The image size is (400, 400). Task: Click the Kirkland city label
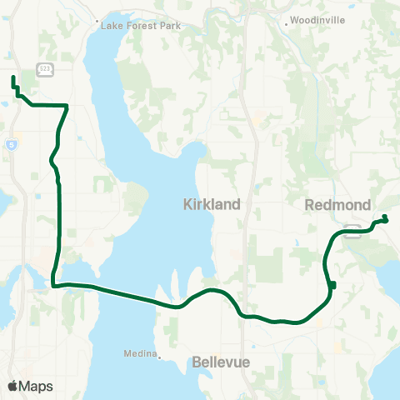[x=212, y=204]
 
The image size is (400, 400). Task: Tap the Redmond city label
[x=332, y=204]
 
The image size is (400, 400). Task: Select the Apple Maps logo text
[x=36, y=386]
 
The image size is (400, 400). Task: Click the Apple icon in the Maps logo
[x=12, y=385]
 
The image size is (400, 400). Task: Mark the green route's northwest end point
[x=12, y=78]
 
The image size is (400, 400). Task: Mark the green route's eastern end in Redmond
[x=385, y=219]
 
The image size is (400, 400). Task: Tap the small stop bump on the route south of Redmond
[x=332, y=286]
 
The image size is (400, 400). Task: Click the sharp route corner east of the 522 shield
[x=67, y=105]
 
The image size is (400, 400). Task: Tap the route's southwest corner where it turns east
[x=54, y=285]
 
